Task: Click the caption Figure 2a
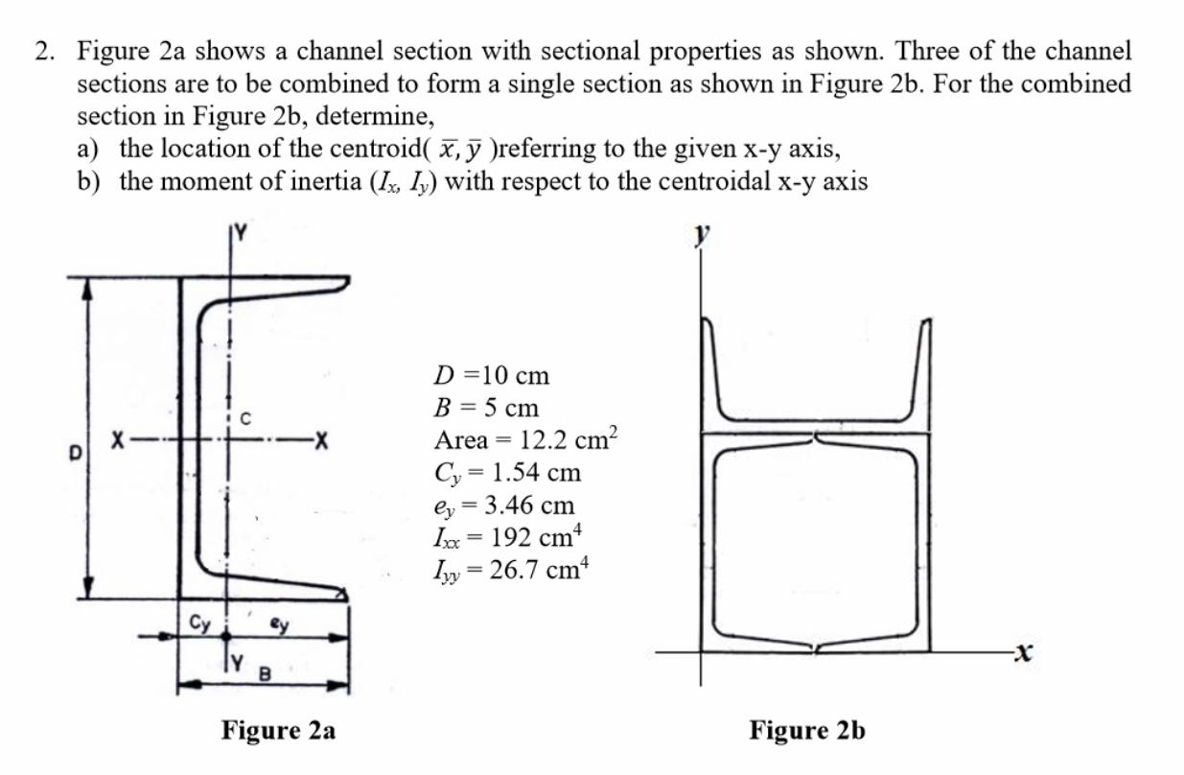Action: (278, 731)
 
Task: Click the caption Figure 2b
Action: (807, 731)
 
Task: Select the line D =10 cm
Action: (492, 374)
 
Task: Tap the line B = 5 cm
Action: (486, 407)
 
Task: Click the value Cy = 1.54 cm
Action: (507, 473)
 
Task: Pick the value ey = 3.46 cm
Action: (504, 505)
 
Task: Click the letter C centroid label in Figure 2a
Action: (245, 417)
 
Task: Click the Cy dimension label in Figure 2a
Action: (200, 622)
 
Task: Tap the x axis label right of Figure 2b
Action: (1025, 654)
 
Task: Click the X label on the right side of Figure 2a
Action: (322, 443)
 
